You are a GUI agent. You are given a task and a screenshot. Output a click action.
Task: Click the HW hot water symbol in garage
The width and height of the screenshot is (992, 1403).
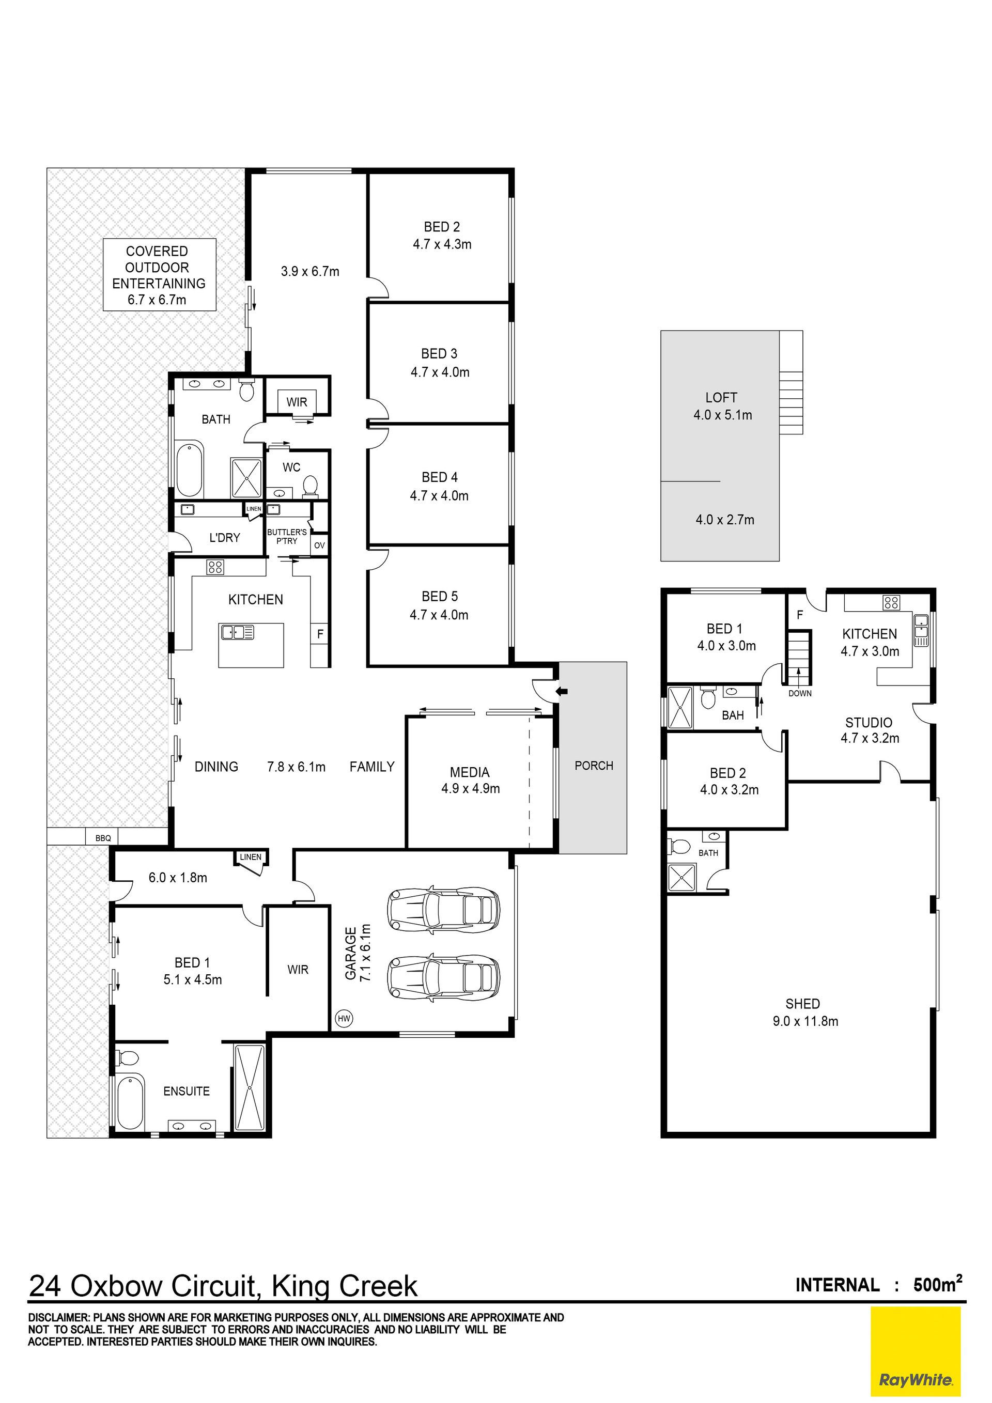click(x=345, y=1019)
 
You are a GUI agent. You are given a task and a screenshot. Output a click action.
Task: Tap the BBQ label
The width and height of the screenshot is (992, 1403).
click(x=103, y=838)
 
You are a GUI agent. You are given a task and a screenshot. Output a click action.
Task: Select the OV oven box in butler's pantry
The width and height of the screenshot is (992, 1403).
click(x=320, y=545)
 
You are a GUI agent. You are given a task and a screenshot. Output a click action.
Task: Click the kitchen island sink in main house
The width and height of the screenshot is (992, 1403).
click(x=237, y=632)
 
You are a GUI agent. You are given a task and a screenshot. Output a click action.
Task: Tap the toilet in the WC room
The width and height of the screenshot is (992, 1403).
click(x=311, y=485)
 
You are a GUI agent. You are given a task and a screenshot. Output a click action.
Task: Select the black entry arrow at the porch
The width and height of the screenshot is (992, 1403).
click(x=562, y=692)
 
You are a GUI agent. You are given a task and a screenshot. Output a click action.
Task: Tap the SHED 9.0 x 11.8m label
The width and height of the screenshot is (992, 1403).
click(x=805, y=1012)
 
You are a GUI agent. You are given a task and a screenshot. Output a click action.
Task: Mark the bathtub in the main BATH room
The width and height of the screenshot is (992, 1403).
click(x=190, y=470)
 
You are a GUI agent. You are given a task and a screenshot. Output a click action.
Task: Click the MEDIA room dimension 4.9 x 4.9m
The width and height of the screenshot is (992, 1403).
click(x=471, y=789)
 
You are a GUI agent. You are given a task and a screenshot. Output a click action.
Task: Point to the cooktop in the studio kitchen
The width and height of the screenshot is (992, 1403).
click(x=891, y=603)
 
